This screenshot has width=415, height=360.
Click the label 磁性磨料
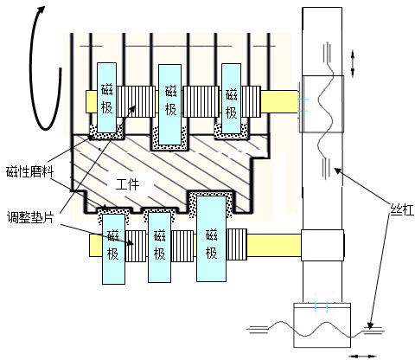pyautogui.click(x=29, y=172)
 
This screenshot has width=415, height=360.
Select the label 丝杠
pyautogui.click(x=402, y=209)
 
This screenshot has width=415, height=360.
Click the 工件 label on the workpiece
pyautogui.click(x=127, y=184)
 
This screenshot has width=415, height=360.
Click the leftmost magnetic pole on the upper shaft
pyautogui.click(x=107, y=98)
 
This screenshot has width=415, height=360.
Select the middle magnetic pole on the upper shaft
pyautogui.click(x=170, y=105)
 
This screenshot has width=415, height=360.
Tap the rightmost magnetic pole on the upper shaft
pyautogui.click(x=231, y=99)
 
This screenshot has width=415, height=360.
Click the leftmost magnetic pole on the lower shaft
pyautogui.click(x=114, y=249)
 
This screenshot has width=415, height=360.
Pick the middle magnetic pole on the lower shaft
pyautogui.click(x=159, y=247)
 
